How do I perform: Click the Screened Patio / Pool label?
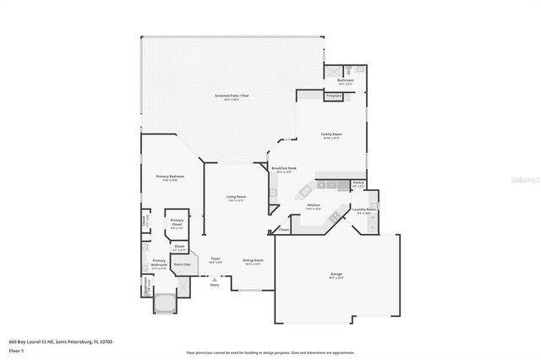pos(232,97)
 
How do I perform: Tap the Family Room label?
pos(331,134)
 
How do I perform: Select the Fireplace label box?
pos(335,96)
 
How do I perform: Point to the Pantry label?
pos(358,183)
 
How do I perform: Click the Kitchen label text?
pos(314,205)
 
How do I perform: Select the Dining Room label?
pos(254,260)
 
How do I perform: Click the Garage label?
pos(336,275)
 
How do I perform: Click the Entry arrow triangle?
pos(215,279)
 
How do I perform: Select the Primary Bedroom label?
pos(170,177)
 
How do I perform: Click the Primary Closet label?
pos(177,225)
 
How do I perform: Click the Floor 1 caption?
pos(16,350)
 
